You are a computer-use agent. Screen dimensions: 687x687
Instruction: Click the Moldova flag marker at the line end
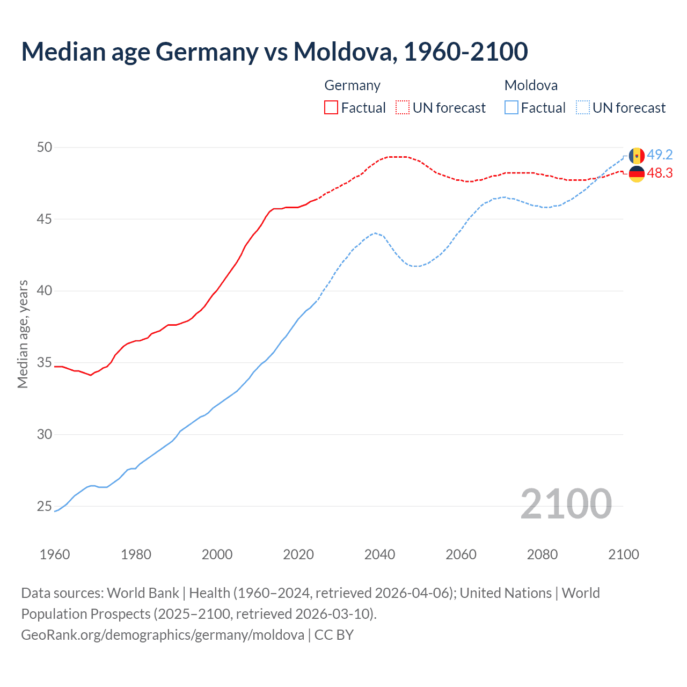(637, 156)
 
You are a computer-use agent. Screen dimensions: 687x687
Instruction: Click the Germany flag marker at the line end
(637, 173)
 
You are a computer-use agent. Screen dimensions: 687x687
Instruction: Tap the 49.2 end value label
(660, 155)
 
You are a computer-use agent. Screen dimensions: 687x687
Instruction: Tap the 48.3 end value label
(660, 173)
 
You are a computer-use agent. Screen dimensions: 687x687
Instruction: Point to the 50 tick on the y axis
(45, 147)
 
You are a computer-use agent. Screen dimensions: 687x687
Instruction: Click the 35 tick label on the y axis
(45, 363)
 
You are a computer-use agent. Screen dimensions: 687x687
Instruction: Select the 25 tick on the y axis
(45, 506)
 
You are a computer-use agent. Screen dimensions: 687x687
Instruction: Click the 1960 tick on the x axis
(55, 554)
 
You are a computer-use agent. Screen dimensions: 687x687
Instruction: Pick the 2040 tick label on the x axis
(379, 554)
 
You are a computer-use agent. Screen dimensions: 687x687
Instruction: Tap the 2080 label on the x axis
(542, 554)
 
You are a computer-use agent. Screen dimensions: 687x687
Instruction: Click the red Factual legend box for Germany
(331, 107)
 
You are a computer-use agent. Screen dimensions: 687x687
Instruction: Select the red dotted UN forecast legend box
(403, 107)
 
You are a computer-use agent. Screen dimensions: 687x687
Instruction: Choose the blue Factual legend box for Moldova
(511, 107)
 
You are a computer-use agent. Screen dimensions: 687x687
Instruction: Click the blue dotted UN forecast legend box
(583, 107)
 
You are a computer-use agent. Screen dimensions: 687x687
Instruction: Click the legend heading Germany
(352, 85)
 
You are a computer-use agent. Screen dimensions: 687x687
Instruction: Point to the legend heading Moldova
(531, 85)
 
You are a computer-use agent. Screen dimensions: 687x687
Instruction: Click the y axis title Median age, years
(23, 334)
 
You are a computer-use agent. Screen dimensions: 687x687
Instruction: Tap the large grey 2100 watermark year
(566, 503)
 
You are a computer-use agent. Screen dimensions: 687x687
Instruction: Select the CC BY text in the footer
(334, 635)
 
